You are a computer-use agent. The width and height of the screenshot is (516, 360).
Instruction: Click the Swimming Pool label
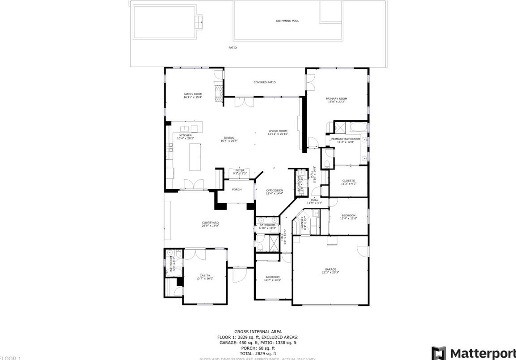pyautogui.click(x=288, y=21)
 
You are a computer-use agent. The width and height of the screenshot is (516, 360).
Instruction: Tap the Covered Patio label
pyautogui.click(x=265, y=82)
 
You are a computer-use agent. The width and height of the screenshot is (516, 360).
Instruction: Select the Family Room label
pyautogui.click(x=193, y=94)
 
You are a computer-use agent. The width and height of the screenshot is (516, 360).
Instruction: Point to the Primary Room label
pyautogui.click(x=337, y=99)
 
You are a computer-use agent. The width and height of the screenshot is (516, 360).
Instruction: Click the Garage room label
pyautogui.click(x=330, y=269)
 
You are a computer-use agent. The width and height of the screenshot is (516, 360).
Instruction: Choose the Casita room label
pyautogui.click(x=205, y=275)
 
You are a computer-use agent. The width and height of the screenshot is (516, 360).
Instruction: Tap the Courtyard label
pyautogui.click(x=210, y=223)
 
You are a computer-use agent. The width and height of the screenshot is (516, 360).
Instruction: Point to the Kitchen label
pyautogui.click(x=186, y=135)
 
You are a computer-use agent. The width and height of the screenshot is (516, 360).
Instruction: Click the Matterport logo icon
pyautogui.click(x=439, y=352)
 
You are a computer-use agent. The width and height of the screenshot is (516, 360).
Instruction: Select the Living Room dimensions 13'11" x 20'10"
pyautogui.click(x=278, y=134)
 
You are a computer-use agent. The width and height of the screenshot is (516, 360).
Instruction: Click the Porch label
pyautogui.click(x=237, y=190)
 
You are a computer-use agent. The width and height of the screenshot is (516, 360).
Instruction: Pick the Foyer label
pyautogui.click(x=240, y=170)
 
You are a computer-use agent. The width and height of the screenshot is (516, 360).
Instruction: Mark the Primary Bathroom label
pyautogui.click(x=345, y=139)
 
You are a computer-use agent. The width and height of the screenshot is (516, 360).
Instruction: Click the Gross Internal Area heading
pyautogui.click(x=258, y=331)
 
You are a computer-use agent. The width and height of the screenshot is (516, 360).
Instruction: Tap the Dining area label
pyautogui.click(x=228, y=138)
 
